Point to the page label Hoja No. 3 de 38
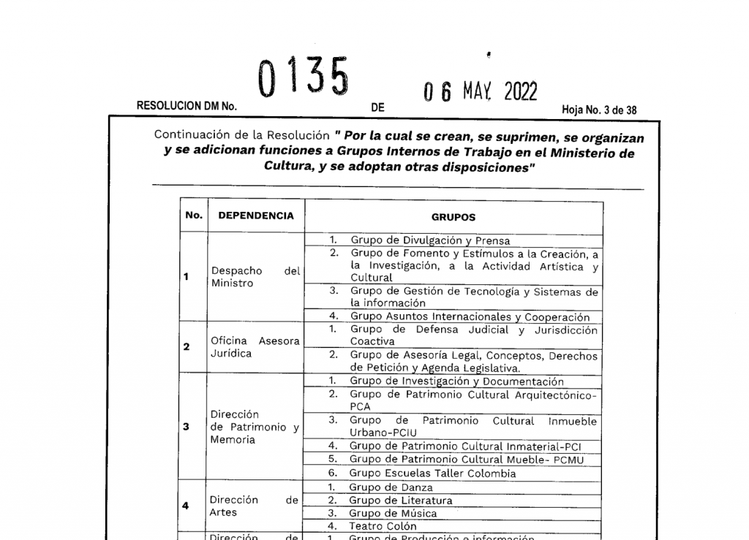599,110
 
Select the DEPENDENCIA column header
256,216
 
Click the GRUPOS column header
453,217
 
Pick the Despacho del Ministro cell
255,277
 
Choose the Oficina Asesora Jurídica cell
255,347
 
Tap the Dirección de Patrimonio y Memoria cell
255,427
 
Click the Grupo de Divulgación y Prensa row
430,240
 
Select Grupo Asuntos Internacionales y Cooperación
470,317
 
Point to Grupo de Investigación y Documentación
456,381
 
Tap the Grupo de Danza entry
391,487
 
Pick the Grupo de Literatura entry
400,501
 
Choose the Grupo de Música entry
393,514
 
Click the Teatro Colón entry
383,526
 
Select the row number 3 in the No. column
187,427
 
